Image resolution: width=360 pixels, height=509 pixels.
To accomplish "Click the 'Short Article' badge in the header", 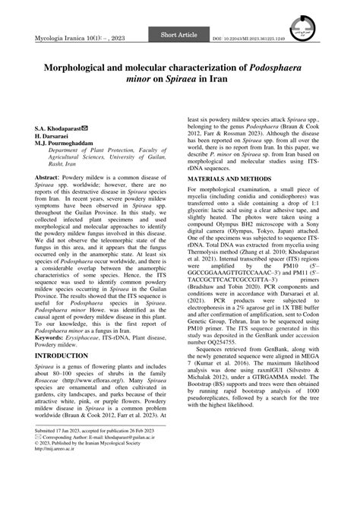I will (179, 36).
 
